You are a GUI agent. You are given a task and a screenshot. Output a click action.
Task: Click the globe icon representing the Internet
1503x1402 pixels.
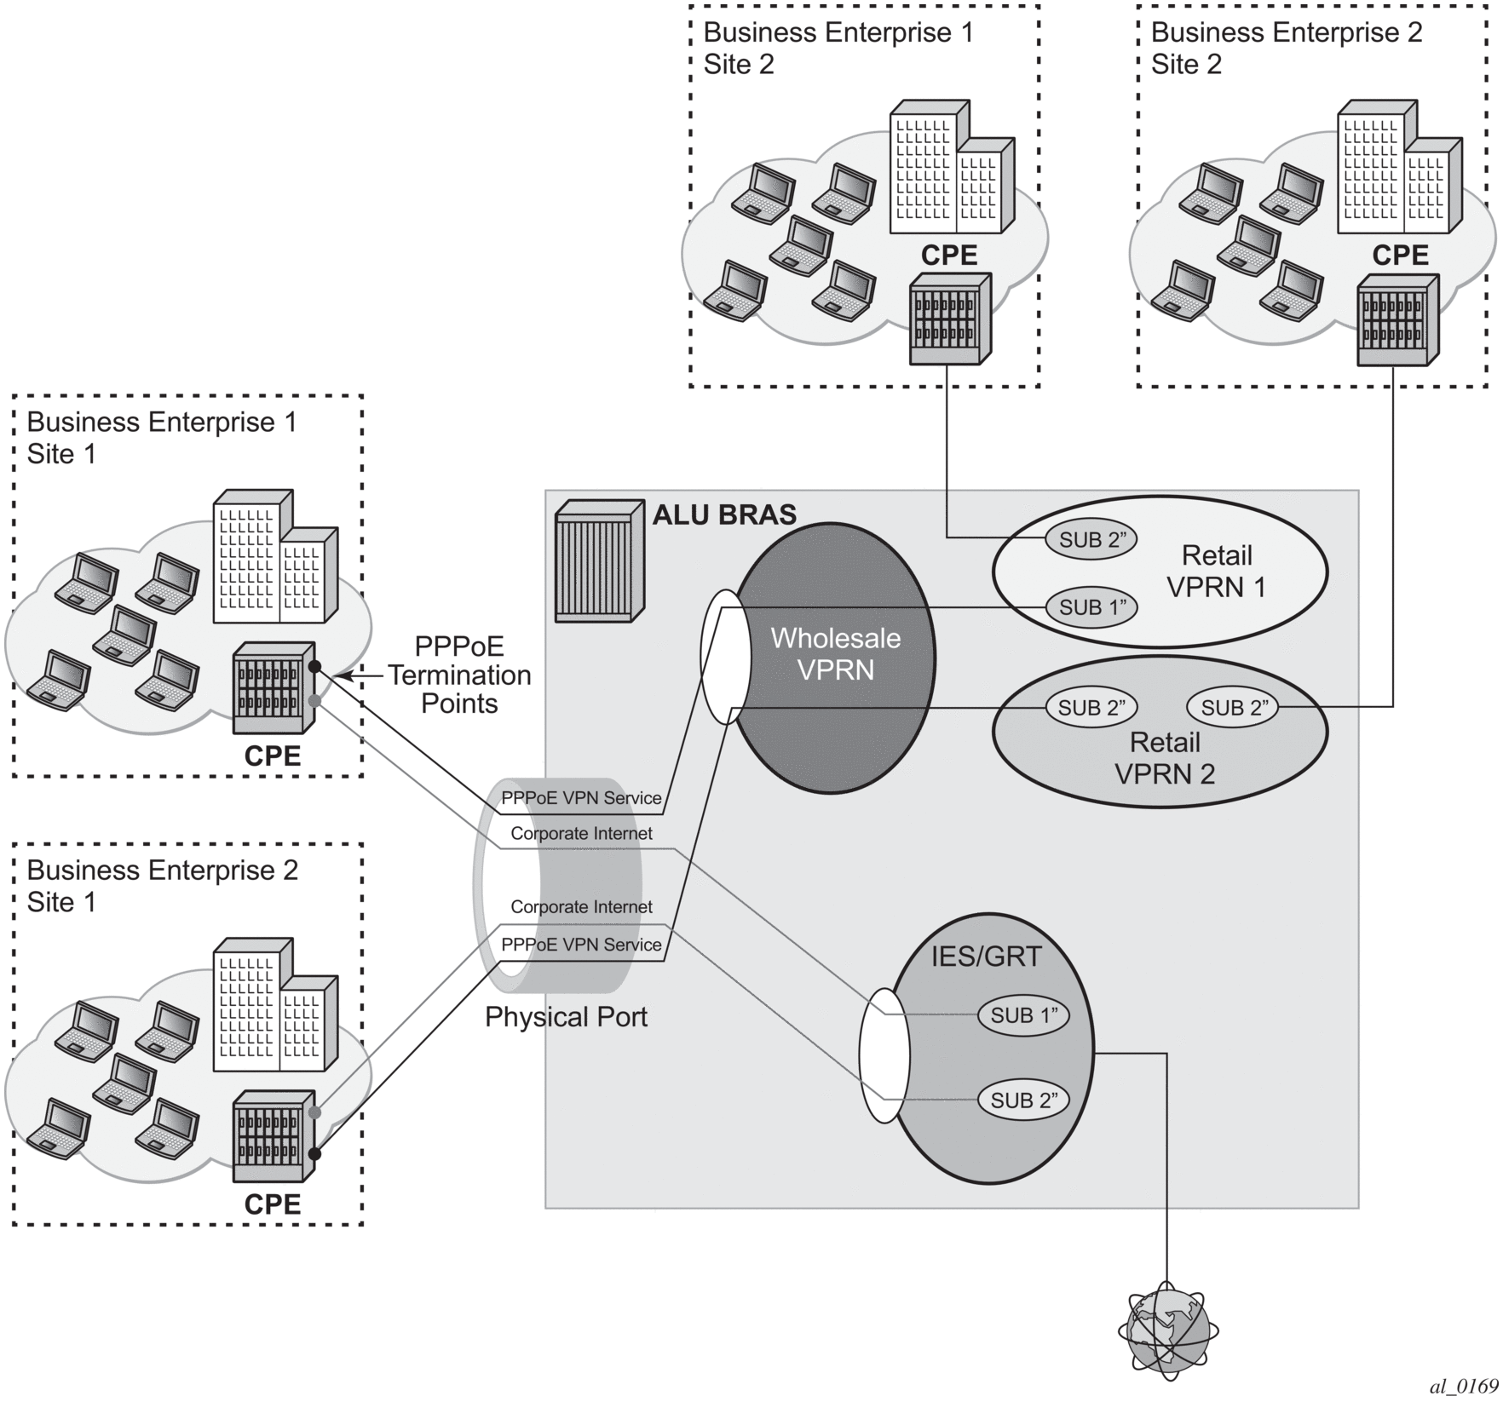(x=1167, y=1330)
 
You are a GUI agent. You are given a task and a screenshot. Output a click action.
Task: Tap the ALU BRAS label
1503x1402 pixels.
(x=724, y=514)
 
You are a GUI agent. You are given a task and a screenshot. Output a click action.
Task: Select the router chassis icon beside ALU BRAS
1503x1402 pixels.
(x=599, y=560)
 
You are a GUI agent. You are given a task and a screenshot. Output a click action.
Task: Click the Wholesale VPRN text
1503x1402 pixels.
(x=835, y=654)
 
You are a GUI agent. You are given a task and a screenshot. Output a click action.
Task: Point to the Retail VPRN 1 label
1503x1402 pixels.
(x=1216, y=571)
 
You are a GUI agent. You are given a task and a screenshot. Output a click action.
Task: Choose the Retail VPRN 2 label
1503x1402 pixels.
(x=1165, y=758)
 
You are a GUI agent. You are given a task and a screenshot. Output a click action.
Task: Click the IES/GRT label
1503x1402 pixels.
(x=986, y=957)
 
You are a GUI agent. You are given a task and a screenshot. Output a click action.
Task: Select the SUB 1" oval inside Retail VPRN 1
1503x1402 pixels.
(x=1091, y=607)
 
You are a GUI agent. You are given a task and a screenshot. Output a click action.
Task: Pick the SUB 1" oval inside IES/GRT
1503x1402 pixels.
(x=1023, y=1015)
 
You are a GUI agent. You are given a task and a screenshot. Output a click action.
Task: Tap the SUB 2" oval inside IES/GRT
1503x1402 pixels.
(x=1023, y=1100)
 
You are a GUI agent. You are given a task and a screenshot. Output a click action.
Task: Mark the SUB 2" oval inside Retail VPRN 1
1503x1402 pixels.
(x=1091, y=539)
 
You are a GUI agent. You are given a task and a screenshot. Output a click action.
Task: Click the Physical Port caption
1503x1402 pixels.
(x=566, y=1017)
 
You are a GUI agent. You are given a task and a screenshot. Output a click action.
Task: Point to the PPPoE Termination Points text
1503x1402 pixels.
(x=459, y=675)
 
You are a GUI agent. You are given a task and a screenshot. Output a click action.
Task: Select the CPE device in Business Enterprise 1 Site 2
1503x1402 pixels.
(x=950, y=319)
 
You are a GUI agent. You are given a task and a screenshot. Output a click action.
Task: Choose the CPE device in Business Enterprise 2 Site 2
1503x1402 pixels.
(x=1397, y=319)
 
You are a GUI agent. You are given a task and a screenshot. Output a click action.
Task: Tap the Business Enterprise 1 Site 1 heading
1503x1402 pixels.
(x=162, y=438)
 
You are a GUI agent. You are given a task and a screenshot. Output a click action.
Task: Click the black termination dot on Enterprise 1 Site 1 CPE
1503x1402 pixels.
(x=314, y=666)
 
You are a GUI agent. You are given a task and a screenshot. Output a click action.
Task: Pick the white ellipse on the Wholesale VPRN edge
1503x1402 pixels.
(x=725, y=657)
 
